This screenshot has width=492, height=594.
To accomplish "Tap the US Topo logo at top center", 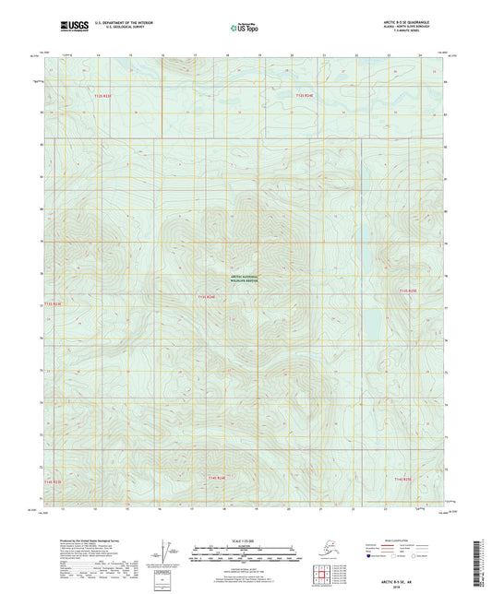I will tap(245, 29).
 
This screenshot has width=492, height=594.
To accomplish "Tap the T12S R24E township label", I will tap(304, 95).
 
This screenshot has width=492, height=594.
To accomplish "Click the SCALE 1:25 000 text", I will tap(246, 539).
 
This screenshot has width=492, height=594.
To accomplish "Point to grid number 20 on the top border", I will tap(291, 55).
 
